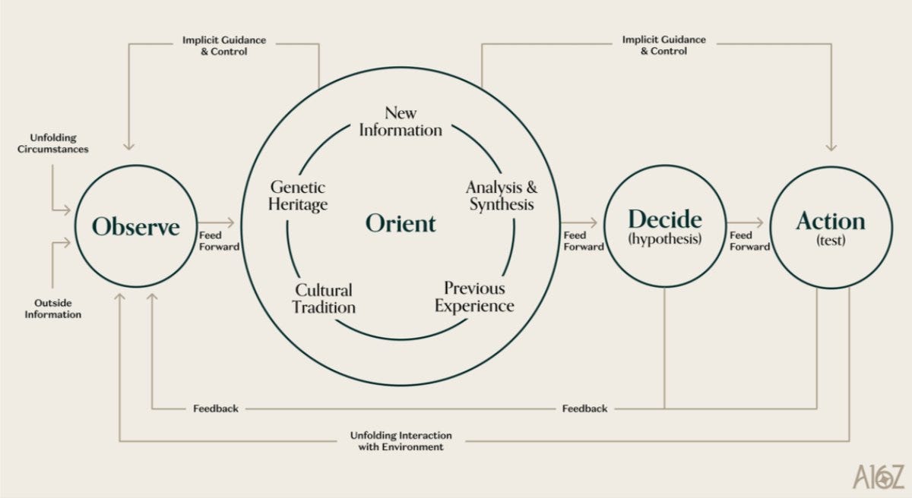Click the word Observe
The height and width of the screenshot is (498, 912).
pyautogui.click(x=135, y=226)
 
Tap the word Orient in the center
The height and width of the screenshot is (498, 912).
pyautogui.click(x=401, y=223)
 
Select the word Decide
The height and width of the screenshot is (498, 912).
pyautogui.click(x=665, y=219)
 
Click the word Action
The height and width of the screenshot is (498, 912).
pyautogui.click(x=831, y=222)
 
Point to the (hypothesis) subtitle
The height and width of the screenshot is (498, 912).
pyautogui.click(x=665, y=239)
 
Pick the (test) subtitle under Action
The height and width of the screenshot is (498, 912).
pyautogui.click(x=831, y=241)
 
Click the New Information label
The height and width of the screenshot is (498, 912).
pyautogui.click(x=401, y=121)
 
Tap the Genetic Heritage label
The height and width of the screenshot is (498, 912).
pyautogui.click(x=298, y=196)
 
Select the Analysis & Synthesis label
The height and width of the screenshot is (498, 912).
pyautogui.click(x=502, y=196)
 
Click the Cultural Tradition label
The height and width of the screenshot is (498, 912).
pyautogui.click(x=324, y=299)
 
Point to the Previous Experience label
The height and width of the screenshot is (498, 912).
pyautogui.click(x=474, y=297)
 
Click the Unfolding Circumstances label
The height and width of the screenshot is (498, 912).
pyautogui.click(x=53, y=143)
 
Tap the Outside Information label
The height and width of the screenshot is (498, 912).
pyautogui.click(x=53, y=308)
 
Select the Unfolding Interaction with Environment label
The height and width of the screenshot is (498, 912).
pyautogui.click(x=401, y=441)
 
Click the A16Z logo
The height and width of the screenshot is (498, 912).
pyautogui.click(x=879, y=477)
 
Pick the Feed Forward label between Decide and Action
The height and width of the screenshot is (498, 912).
pyautogui.click(x=749, y=241)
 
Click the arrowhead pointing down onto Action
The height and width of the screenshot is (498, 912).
pyautogui.click(x=831, y=147)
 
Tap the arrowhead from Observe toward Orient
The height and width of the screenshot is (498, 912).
pyautogui.click(x=231, y=222)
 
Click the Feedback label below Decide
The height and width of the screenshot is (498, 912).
pyautogui.click(x=584, y=408)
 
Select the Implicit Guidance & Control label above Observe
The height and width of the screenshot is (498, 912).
pyautogui.click(x=224, y=46)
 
